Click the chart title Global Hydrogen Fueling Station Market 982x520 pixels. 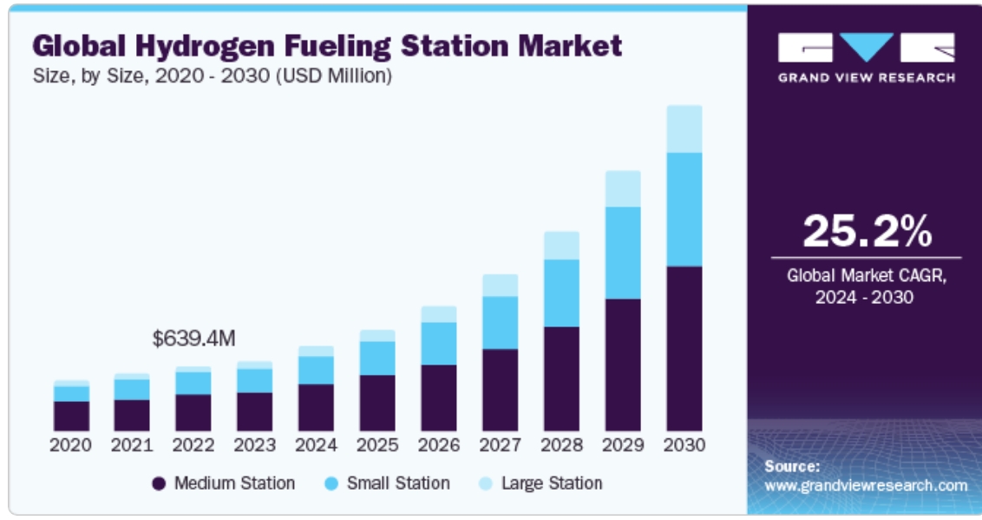[327, 45]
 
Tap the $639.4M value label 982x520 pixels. [193, 339]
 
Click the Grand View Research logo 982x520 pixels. [866, 56]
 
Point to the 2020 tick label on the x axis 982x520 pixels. [70, 444]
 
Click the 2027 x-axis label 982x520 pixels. [500, 444]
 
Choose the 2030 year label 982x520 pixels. [684, 444]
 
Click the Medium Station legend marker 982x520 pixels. [159, 484]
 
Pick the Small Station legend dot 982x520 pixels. [331, 484]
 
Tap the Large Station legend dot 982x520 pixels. [486, 484]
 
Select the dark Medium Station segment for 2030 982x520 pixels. [684, 348]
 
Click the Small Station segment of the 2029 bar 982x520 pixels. [623, 253]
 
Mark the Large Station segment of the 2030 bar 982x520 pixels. [684, 128]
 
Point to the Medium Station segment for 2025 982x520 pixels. [377, 403]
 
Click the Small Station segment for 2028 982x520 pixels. [561, 293]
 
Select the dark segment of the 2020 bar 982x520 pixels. [70, 416]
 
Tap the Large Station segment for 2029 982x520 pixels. [623, 188]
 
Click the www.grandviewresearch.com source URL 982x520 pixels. [866, 485]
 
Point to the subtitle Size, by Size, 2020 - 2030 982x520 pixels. [212, 76]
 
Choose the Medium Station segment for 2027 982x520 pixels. [500, 390]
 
